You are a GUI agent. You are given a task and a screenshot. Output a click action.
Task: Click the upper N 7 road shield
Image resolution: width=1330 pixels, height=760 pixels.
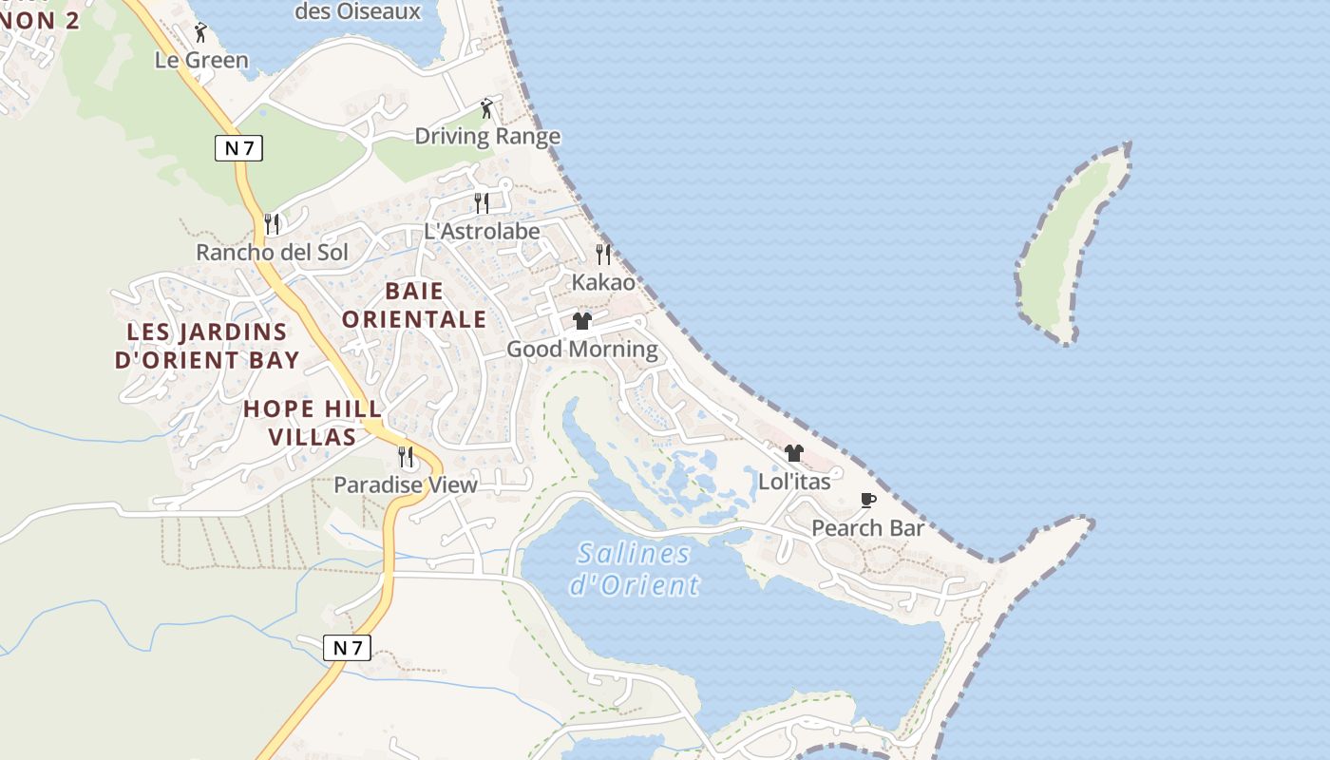pos(238,148)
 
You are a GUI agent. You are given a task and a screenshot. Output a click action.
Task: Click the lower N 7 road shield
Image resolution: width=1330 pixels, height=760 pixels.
pos(347,648)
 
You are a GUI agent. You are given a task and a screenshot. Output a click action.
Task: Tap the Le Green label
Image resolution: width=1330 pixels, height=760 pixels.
pos(201,61)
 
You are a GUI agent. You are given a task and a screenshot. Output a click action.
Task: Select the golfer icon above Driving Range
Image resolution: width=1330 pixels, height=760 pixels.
pos(487,108)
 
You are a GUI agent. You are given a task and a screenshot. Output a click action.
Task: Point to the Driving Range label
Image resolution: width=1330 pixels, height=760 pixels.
pos(487,137)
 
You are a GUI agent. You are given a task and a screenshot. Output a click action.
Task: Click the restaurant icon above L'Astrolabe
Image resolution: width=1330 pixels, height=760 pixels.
pos(482,202)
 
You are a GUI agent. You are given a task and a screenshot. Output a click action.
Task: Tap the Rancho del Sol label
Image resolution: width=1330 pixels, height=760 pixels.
pos(272,253)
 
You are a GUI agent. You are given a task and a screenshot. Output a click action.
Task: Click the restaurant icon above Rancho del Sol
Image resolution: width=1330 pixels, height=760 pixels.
pos(272,224)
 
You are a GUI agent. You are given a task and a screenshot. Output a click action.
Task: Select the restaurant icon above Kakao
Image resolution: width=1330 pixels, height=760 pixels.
pos(603,255)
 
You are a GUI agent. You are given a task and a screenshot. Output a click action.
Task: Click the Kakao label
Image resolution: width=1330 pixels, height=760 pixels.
pos(603,283)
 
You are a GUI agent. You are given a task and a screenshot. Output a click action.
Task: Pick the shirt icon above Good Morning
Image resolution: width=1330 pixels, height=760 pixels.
pos(582,321)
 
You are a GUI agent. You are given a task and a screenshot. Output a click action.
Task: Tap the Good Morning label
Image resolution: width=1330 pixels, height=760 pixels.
pos(582,350)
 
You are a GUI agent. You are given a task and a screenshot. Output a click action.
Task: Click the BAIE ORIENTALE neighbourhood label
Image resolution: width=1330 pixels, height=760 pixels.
pos(414,305)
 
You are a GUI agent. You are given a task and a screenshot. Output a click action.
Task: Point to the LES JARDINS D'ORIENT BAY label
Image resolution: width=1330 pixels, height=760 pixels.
pos(207,346)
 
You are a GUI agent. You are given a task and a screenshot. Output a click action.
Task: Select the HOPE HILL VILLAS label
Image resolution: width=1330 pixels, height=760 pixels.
pos(313,423)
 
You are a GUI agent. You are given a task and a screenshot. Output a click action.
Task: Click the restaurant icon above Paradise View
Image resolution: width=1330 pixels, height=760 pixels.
pos(406,457)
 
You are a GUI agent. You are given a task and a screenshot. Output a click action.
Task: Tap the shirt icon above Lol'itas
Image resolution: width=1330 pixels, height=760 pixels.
pos(794,453)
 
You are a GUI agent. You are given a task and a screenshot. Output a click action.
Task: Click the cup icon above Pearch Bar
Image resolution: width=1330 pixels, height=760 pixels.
pos(867,500)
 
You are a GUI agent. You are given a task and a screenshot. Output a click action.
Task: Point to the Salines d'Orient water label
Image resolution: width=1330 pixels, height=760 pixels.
pos(635,568)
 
